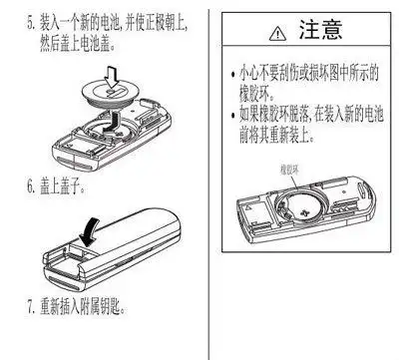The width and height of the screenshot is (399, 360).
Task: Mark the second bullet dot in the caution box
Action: click(x=233, y=113)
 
